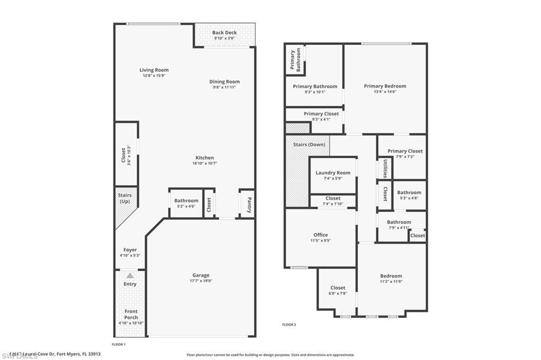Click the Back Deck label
[225, 33]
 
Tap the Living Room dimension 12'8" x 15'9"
[154, 75]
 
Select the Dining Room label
[225, 82]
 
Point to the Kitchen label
[204, 158]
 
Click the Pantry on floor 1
[247, 203]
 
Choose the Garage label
[201, 275]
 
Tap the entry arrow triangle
[130, 276]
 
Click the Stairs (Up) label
[125, 198]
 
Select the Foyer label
[130, 250]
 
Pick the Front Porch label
[130, 314]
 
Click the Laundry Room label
[333, 173]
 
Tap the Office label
[320, 235]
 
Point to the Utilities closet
[385, 168]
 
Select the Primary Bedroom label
[385, 86]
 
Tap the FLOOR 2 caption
[289, 325]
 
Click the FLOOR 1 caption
[118, 344]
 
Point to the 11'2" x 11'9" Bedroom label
[391, 276]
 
